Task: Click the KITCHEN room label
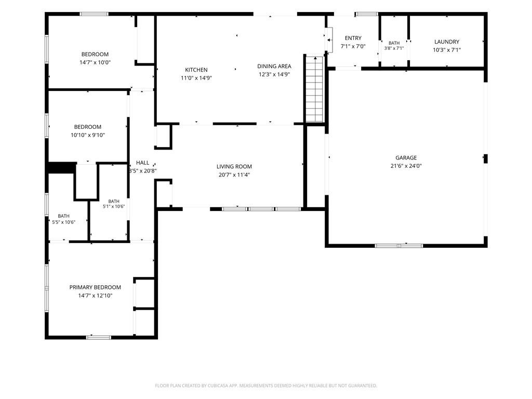[196, 70]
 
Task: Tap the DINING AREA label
[274, 66]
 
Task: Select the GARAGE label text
[406, 158]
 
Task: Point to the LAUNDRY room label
[447, 42]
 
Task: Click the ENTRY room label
[353, 38]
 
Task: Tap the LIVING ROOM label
[234, 167]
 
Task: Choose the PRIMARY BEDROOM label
[95, 287]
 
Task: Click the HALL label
[142, 163]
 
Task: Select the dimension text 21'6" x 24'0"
[406, 166]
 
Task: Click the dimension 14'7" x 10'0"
[95, 62]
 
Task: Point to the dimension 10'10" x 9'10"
[87, 135]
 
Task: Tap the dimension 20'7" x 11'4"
[234, 175]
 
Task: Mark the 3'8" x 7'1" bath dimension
[394, 48]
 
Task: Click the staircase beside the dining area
[314, 89]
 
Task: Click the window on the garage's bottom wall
[399, 245]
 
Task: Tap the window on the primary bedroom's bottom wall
[99, 337]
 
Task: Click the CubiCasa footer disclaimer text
[266, 386]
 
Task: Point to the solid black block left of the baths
[62, 168]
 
